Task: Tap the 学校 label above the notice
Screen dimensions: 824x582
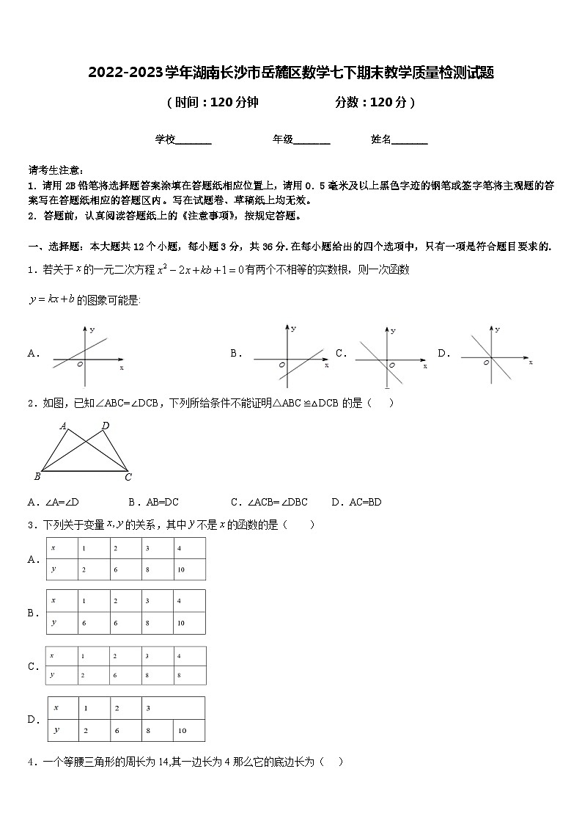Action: click(x=165, y=139)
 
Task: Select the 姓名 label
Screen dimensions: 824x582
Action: click(x=380, y=139)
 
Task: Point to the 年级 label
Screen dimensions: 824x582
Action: click(x=283, y=139)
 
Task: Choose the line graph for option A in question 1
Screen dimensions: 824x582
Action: click(x=86, y=354)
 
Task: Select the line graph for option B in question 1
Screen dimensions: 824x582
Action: click(x=287, y=354)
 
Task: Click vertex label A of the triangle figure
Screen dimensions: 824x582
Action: click(x=63, y=426)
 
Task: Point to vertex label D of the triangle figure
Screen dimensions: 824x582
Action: click(x=106, y=426)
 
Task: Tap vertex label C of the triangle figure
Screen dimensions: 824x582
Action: click(x=128, y=478)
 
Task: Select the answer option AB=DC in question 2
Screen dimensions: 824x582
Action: click(x=153, y=503)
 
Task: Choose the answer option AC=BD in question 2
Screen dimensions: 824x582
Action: click(x=356, y=503)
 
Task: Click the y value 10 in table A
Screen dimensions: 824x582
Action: click(x=182, y=569)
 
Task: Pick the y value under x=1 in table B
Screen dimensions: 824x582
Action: click(x=85, y=622)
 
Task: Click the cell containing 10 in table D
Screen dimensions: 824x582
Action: click(x=182, y=731)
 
